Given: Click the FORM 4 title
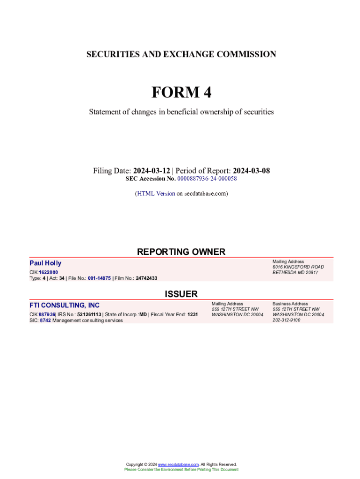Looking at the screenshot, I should coord(181,93).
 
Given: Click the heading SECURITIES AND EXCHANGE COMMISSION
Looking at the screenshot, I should coord(181,54).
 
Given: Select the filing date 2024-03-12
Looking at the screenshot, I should coord(151,171).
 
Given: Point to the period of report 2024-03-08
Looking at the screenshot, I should coord(251,171).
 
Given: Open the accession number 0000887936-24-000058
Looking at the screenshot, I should coord(207,179).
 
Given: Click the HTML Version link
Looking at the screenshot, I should coord(156,193).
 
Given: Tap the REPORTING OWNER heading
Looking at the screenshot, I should coord(181,252).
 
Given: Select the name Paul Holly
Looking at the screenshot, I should coord(45,263).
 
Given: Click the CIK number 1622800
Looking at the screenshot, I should coord(49,272).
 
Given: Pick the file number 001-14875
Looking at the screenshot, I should coord(99,278).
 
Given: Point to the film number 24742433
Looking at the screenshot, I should coord(146,278).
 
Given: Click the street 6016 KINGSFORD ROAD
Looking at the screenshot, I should coord(298,267).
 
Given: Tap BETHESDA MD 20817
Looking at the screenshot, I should coord(295,273).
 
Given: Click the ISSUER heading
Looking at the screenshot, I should coord(181,294).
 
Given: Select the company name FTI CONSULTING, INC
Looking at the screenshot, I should coord(65,305).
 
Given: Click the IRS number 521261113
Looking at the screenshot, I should coord(89,315).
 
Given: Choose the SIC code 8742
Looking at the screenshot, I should coord(45,320).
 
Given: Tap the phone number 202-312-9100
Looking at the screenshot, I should coord(287,320).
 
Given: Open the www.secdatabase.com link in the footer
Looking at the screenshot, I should coord(178,464).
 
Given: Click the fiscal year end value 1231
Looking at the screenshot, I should coord(192,315).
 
